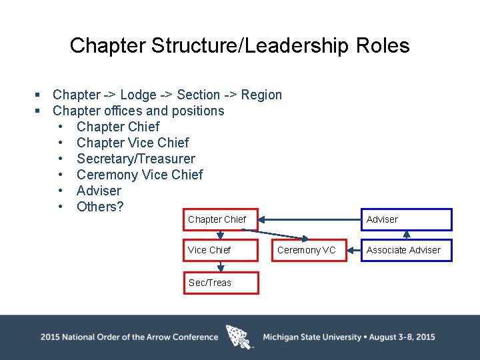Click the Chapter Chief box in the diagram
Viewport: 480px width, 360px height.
(220, 220)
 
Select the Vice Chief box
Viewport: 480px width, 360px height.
(220, 250)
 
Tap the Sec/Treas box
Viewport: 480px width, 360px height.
(220, 283)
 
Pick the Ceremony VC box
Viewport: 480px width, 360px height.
(307, 250)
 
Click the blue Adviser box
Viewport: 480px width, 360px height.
(406, 220)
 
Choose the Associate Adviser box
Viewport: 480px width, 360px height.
(406, 250)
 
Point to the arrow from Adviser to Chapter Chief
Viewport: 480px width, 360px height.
(311, 219)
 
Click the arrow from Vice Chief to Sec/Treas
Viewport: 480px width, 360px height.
(221, 266)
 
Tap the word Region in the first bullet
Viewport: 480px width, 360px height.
(261, 95)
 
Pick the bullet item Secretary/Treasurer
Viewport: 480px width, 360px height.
(136, 159)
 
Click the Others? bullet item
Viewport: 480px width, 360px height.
(100, 207)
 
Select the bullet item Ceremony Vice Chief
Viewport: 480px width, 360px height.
(140, 175)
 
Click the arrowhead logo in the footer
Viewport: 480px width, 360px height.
(240, 337)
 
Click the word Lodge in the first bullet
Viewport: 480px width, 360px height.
(138, 95)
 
